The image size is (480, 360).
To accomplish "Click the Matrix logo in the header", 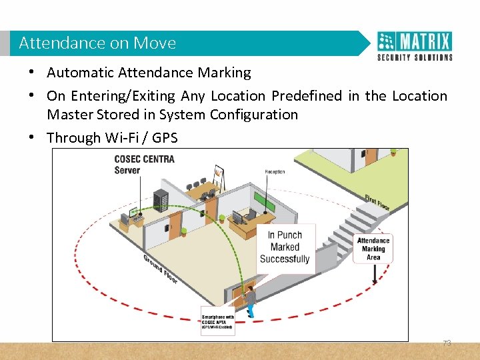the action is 415,45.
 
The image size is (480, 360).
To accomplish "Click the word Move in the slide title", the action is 155,43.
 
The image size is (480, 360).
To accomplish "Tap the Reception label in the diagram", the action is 275,172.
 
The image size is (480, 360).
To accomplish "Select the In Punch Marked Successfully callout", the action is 285,247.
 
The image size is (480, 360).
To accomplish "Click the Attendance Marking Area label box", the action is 373,249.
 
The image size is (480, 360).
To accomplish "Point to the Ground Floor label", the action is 160,269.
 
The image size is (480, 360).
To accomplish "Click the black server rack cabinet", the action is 161,200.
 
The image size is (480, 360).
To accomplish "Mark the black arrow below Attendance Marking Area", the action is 374,273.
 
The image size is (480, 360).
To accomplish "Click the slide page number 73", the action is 447,343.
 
